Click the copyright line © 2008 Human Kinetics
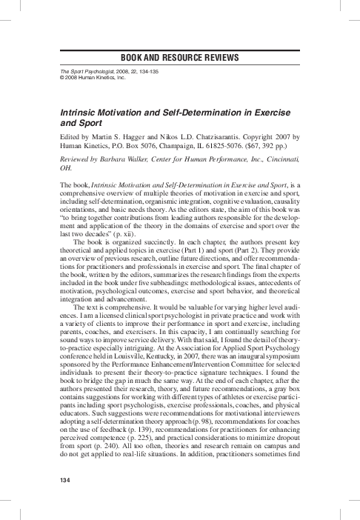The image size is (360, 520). [x=81, y=78]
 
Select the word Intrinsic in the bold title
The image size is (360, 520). [x=67, y=108]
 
